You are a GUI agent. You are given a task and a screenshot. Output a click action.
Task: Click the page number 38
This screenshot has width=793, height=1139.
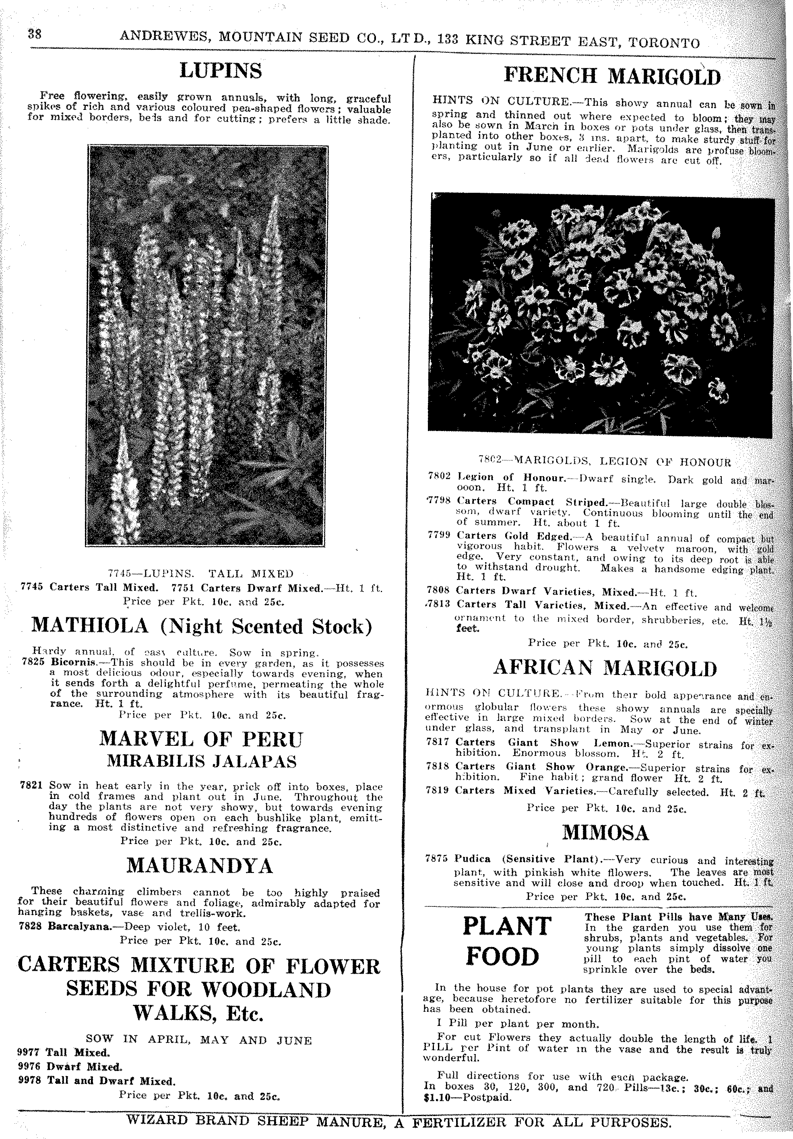pyautogui.click(x=35, y=34)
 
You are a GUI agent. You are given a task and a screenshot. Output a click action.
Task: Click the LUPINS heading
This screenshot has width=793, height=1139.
pyautogui.click(x=220, y=71)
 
